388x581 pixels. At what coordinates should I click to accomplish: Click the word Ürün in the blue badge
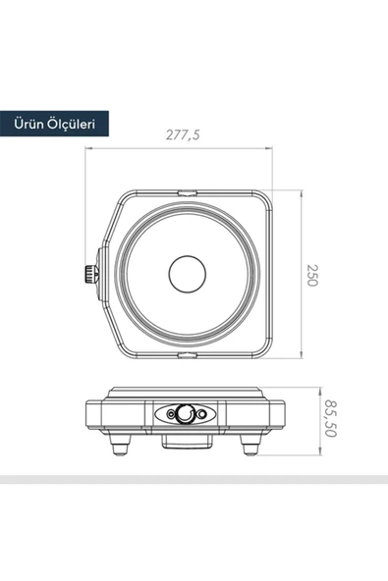(30, 125)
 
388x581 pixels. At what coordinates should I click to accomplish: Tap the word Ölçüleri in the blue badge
(72, 125)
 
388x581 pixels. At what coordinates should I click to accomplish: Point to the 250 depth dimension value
(312, 274)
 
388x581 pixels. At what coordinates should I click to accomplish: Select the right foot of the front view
(251, 447)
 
